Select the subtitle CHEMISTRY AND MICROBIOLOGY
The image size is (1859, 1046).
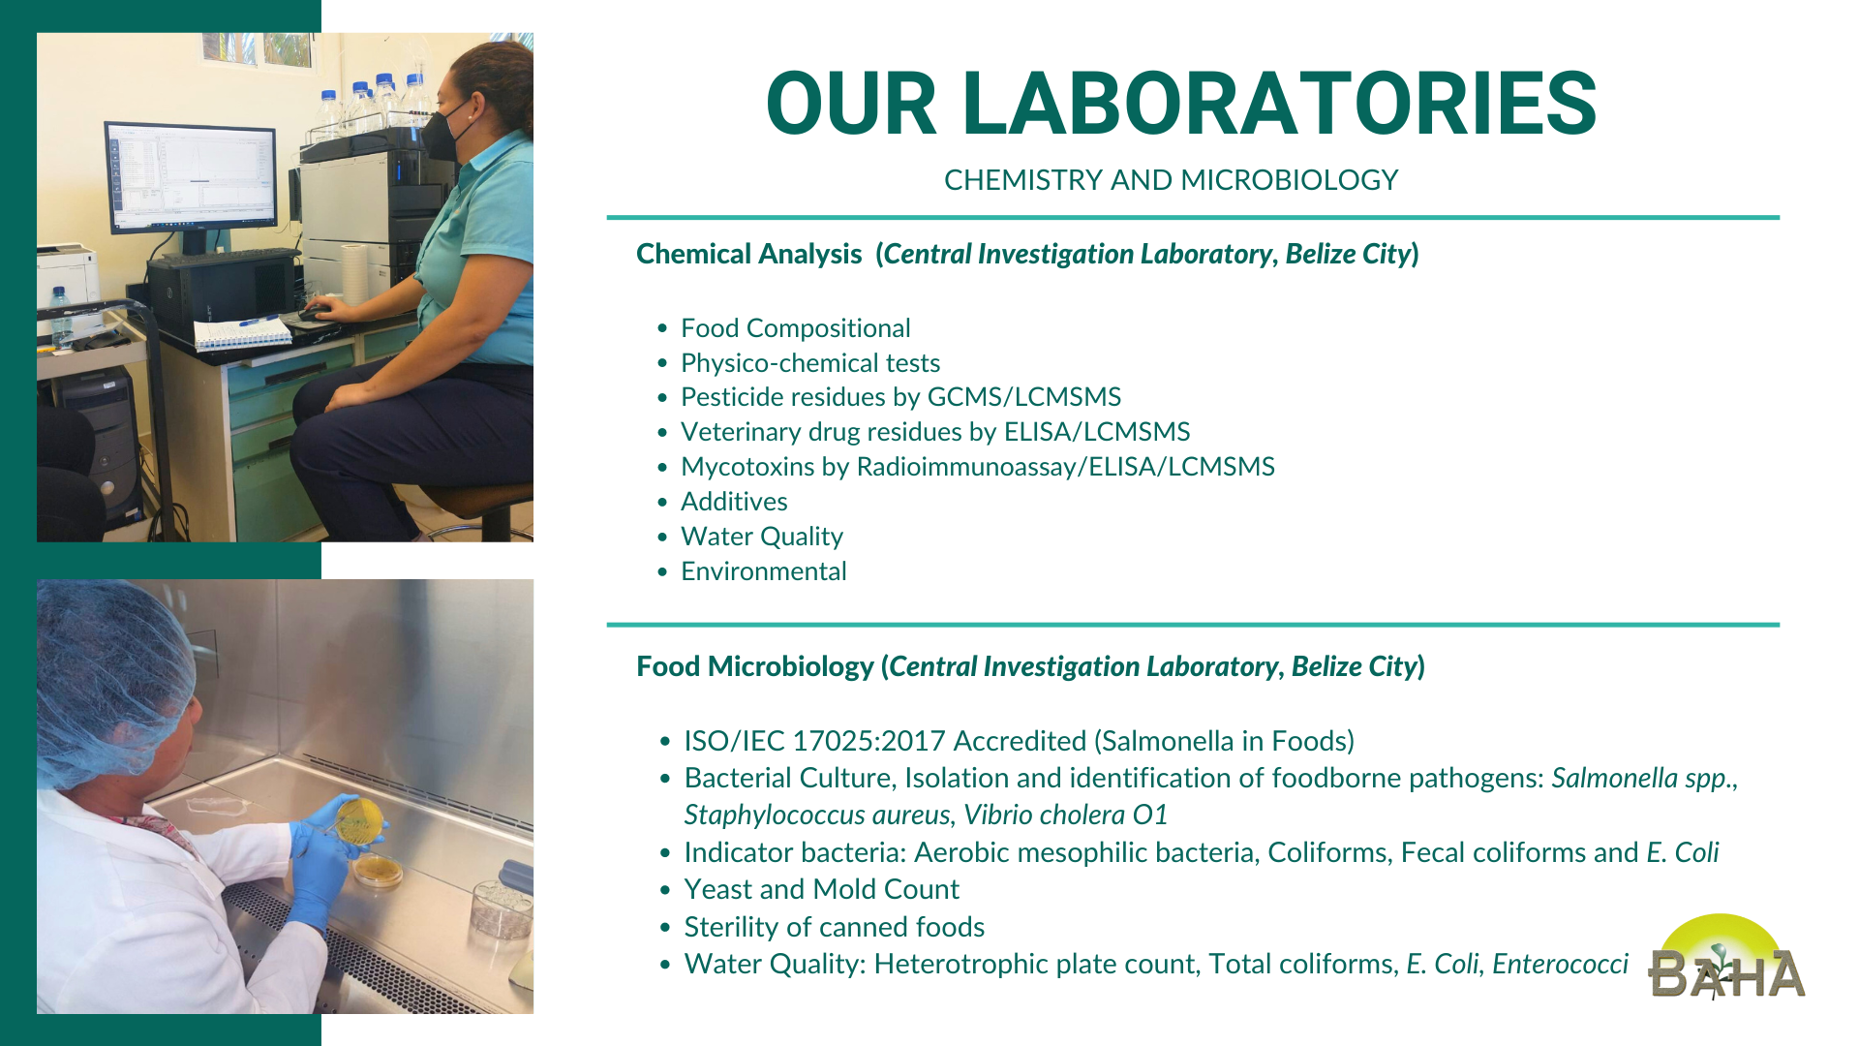[1171, 180]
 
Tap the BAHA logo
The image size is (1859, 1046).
[1726, 958]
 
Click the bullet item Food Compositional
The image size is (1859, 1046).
[795, 328]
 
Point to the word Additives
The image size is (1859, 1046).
[734, 502]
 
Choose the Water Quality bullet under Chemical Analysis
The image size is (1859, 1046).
[761, 537]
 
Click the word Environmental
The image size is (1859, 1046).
[763, 571]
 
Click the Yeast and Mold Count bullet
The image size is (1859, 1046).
[821, 889]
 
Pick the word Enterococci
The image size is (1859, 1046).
[1560, 964]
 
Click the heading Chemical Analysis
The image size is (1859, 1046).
[748, 254]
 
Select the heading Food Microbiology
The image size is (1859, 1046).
[755, 666]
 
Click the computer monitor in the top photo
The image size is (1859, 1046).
[191, 177]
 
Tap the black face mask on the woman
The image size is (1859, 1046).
[444, 134]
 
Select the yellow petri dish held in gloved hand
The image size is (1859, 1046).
[357, 821]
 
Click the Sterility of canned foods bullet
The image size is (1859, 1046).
[834, 927]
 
